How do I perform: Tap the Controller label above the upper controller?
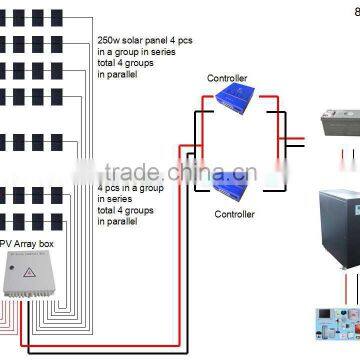coord(227,77)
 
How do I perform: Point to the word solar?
coord(138,38)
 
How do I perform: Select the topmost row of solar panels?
coord(39,17)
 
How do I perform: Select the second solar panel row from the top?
coord(39,43)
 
